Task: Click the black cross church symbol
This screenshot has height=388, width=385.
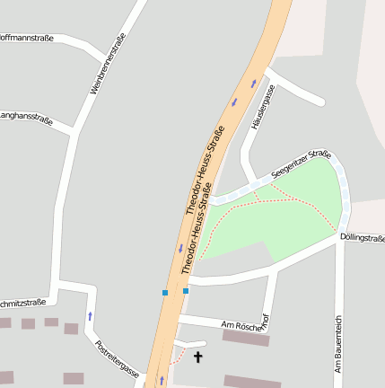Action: click(197, 357)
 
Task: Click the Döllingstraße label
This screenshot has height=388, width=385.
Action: click(363, 237)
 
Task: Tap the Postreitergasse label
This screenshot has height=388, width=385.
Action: click(117, 357)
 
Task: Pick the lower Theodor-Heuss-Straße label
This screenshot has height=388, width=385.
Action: click(199, 236)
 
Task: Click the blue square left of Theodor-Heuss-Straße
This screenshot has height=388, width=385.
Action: click(165, 293)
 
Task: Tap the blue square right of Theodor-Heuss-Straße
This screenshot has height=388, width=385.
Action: click(186, 291)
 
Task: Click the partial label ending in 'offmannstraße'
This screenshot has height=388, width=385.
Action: click(27, 38)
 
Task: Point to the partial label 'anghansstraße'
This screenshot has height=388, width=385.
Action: click(26, 117)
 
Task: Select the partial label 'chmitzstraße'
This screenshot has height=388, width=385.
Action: click(23, 303)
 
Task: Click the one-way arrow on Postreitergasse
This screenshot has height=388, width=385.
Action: click(90, 316)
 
